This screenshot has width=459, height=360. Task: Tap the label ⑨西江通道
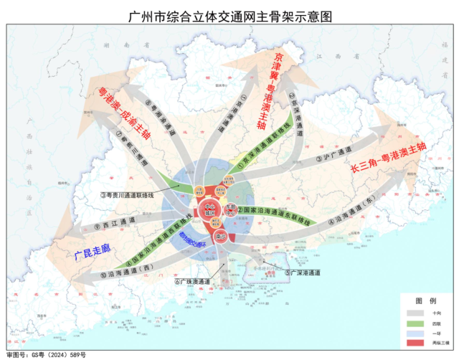(x=115, y=226)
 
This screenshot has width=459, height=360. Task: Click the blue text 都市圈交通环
(x=193, y=236)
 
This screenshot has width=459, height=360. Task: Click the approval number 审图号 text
(x=46, y=355)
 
